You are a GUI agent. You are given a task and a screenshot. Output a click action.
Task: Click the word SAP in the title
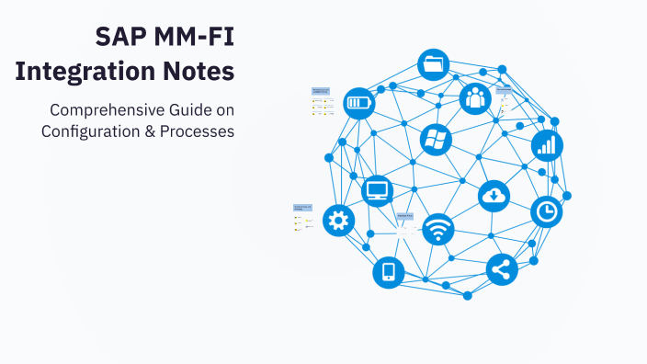coord(117,38)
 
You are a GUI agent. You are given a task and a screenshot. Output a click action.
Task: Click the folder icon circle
coord(434,65)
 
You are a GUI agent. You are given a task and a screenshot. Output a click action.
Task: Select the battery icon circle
coord(358,103)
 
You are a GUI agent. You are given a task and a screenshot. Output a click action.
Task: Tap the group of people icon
coord(474,97)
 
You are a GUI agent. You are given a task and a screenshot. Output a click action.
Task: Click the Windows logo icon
coord(435,140)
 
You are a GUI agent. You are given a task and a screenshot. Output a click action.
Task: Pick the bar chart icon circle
coord(547,144)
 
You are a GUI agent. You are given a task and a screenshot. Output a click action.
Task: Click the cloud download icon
coord(494,195)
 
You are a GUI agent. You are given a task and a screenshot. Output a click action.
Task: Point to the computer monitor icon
coord(378,191)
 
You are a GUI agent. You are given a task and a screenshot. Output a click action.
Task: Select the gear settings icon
coord(338,220)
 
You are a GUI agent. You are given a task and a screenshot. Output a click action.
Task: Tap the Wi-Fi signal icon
coord(437,229)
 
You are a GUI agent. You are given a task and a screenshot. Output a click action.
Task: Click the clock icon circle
coord(547,211)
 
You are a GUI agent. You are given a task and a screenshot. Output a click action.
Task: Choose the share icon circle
coord(502,268)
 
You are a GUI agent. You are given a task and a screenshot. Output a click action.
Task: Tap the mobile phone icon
coord(388,272)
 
